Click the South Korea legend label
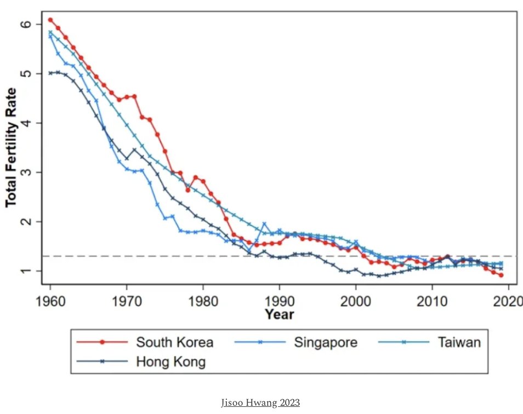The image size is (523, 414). pyautogui.click(x=174, y=343)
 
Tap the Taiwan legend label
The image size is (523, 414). pyautogui.click(x=459, y=343)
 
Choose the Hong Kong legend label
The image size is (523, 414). pyautogui.click(x=170, y=361)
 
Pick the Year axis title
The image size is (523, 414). pyautogui.click(x=279, y=314)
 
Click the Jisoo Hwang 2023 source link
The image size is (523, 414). pyautogui.click(x=260, y=403)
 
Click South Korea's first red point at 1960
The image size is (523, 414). pyautogui.click(x=50, y=20)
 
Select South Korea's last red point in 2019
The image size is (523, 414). pyautogui.click(x=501, y=275)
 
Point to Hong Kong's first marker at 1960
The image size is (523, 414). pyautogui.click(x=50, y=73)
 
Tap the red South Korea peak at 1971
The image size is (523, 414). pyautogui.click(x=134, y=96)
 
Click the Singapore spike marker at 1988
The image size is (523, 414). pyautogui.click(x=264, y=223)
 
